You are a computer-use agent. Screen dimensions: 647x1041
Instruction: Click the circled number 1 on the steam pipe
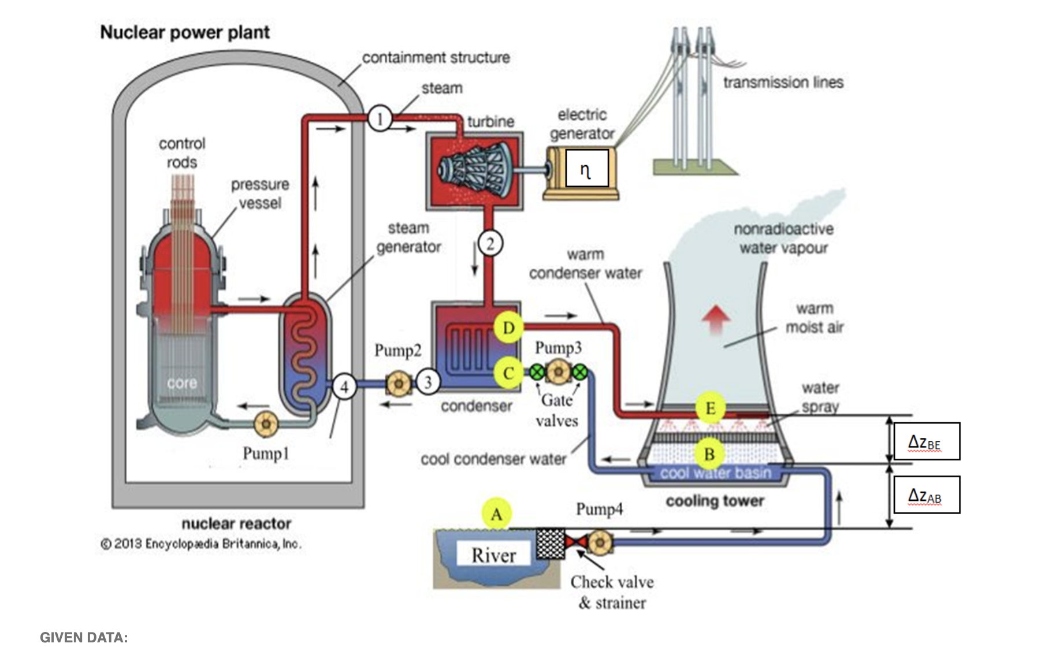coord(380,119)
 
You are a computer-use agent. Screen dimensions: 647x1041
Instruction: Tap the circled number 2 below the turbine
coord(490,244)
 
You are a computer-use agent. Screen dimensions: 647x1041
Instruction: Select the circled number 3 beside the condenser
coord(427,382)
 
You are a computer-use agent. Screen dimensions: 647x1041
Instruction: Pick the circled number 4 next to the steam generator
coord(344,386)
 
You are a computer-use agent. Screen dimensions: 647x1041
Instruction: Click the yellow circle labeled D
coord(508,328)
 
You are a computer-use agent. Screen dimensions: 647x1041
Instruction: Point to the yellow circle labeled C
coord(508,373)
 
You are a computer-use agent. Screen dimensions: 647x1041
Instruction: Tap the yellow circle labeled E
coord(710,408)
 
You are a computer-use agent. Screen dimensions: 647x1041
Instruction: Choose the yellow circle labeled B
coord(709,454)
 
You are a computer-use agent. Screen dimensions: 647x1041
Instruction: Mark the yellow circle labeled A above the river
coord(497,514)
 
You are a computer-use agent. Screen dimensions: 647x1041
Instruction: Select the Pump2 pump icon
coord(399,384)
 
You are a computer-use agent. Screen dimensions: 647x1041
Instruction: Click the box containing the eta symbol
coord(586,168)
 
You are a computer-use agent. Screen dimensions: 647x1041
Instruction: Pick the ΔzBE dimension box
coord(927,441)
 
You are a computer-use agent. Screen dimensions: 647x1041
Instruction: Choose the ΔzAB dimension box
coord(927,494)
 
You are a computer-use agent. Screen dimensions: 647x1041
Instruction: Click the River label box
coord(493,555)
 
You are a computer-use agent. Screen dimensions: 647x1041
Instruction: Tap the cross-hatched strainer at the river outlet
coord(550,544)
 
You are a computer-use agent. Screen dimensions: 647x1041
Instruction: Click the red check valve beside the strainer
coord(576,542)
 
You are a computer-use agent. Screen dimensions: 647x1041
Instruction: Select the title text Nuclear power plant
coord(185,32)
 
